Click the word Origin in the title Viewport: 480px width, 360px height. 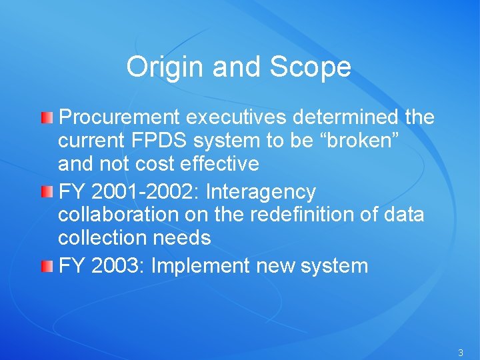click(159, 67)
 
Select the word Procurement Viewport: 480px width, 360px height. click(120, 118)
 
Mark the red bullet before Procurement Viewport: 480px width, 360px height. click(46, 119)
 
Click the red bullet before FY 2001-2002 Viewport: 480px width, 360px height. click(46, 193)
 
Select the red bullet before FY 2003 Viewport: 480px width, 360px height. click(46, 267)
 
